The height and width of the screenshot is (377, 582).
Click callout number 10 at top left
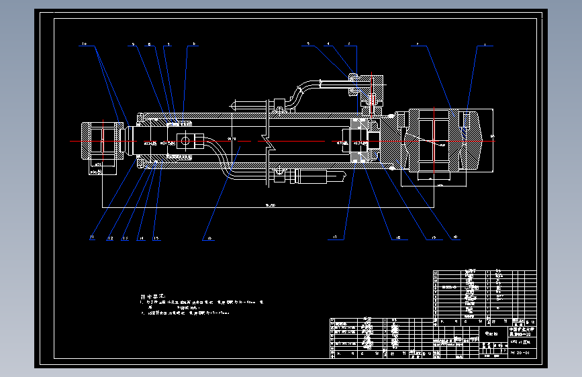pyautogui.click(x=85, y=44)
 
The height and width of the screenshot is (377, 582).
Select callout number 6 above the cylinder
pyautogui.click(x=194, y=44)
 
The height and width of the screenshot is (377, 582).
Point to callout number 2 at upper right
pyautogui.click(x=418, y=44)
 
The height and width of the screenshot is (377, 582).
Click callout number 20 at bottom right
pyautogui.click(x=456, y=237)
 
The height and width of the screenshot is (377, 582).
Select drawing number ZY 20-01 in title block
pyautogui.click(x=522, y=352)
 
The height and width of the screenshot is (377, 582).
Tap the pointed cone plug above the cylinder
pyautogui.click(x=234, y=105)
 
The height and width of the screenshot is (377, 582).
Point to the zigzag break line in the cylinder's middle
pyautogui.click(x=267, y=142)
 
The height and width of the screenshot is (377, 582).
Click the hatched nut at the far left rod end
pyautogui.click(x=100, y=142)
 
